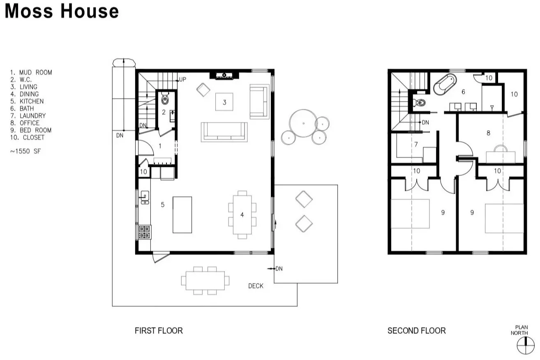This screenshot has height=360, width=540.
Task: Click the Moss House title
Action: click(x=62, y=11)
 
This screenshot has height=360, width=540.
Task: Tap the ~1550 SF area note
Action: click(x=25, y=151)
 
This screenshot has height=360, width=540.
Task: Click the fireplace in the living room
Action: click(x=224, y=76)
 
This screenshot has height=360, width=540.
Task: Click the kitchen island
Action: click(x=182, y=215)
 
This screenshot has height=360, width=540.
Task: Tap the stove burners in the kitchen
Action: click(x=144, y=232)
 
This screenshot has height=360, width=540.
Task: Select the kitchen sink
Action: click(x=145, y=197)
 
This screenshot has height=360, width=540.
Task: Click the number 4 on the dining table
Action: click(x=242, y=215)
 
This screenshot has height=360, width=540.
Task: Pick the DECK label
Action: click(x=256, y=286)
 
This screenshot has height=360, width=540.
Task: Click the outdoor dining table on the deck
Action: click(x=205, y=281)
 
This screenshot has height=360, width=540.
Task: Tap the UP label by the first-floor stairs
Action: click(x=183, y=79)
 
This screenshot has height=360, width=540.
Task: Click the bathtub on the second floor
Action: click(x=445, y=84)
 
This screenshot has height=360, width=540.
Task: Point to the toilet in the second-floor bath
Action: click(x=420, y=103)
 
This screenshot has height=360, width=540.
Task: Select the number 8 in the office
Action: click(x=488, y=133)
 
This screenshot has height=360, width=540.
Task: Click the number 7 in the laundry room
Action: click(x=416, y=144)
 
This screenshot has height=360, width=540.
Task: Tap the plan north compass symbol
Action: click(x=526, y=345)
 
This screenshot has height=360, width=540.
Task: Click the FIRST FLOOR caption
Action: click(x=159, y=330)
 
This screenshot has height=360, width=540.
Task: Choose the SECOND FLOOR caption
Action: click(x=417, y=330)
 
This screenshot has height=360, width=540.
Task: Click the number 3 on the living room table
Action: click(x=224, y=102)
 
